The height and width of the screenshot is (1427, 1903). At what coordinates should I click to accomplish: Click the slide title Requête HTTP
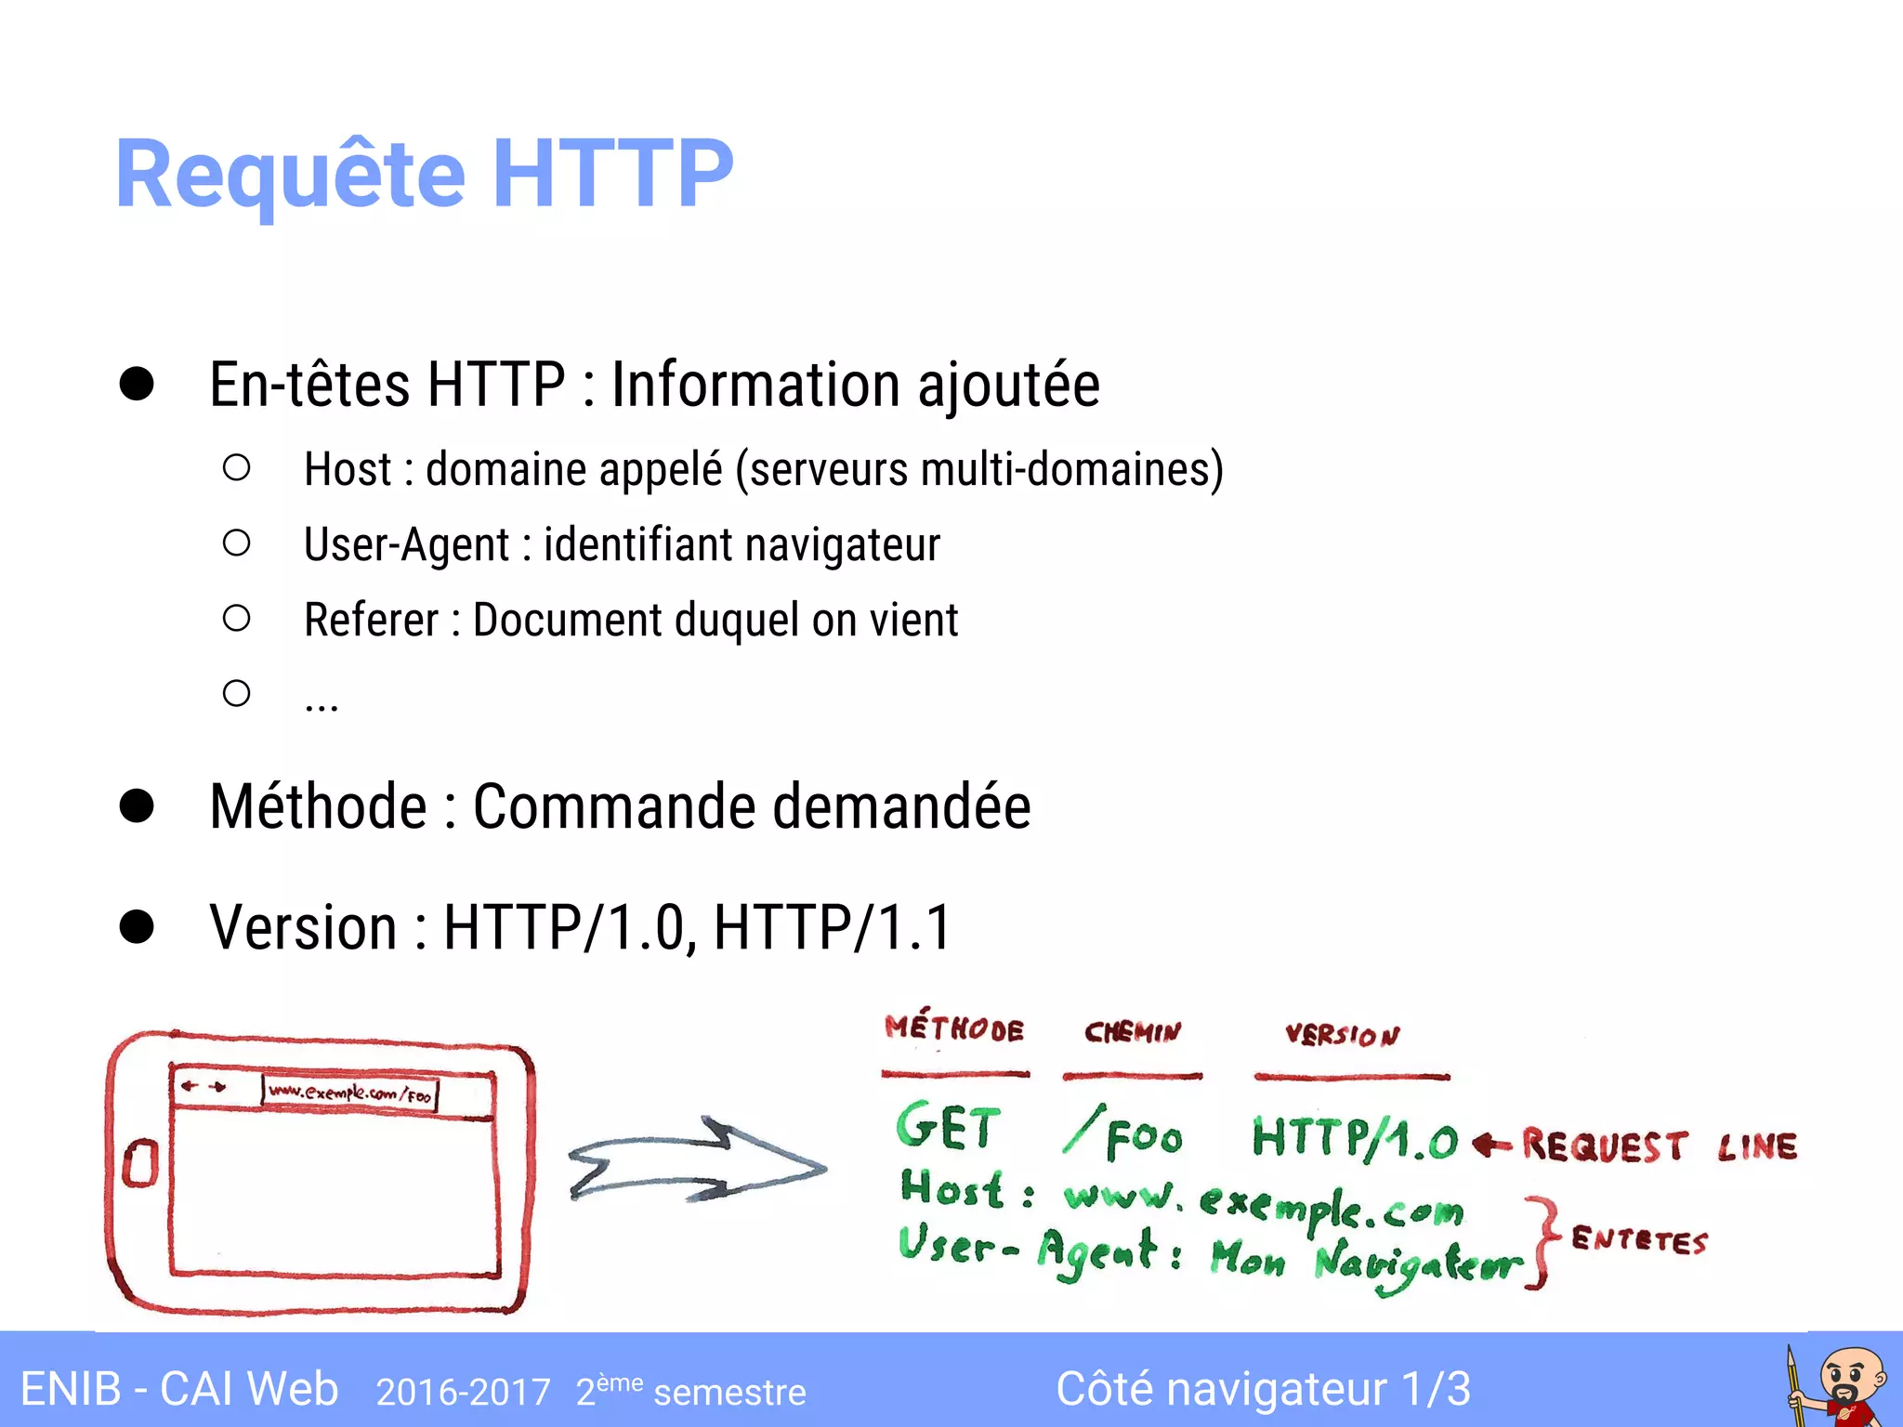tap(424, 174)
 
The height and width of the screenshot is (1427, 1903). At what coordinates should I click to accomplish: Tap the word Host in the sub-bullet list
tap(348, 469)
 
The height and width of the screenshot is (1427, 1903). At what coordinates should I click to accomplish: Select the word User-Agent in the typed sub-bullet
tap(406, 545)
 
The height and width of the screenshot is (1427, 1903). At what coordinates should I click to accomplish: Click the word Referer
tap(371, 621)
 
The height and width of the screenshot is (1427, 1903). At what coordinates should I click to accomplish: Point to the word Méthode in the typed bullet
tap(318, 806)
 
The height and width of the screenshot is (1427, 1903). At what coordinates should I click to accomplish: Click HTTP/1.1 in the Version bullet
tap(833, 927)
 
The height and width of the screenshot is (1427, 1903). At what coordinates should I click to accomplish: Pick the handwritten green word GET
tap(948, 1127)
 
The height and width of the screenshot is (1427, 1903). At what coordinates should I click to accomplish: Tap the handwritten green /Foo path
tap(1123, 1134)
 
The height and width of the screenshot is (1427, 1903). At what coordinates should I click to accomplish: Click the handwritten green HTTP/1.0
tap(1355, 1139)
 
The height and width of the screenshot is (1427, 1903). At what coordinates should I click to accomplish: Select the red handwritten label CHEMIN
tap(1133, 1032)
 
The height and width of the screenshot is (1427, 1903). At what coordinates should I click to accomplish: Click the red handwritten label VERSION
tap(1342, 1035)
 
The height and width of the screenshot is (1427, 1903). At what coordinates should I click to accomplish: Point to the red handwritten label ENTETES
tap(1639, 1240)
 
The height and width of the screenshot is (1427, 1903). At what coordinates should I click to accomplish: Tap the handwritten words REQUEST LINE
tap(1660, 1146)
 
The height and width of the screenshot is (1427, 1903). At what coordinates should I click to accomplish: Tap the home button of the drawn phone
tap(140, 1164)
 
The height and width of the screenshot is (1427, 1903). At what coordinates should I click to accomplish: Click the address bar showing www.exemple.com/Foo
tap(350, 1093)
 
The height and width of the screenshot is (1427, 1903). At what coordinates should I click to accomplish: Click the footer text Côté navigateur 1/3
tap(1263, 1390)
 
